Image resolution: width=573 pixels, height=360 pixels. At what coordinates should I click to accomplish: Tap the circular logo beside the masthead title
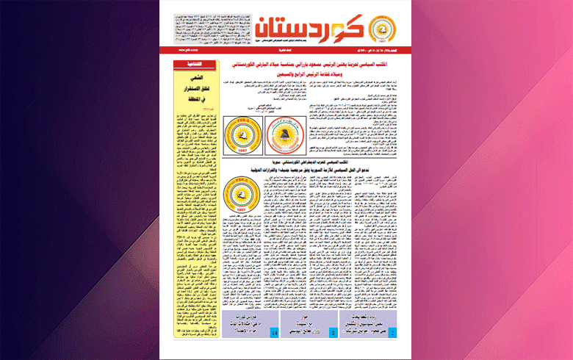pos(383,26)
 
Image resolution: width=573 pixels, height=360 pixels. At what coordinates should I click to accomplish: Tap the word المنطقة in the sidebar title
pos(193,102)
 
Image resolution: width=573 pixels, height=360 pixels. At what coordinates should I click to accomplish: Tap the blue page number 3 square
pos(334,333)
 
